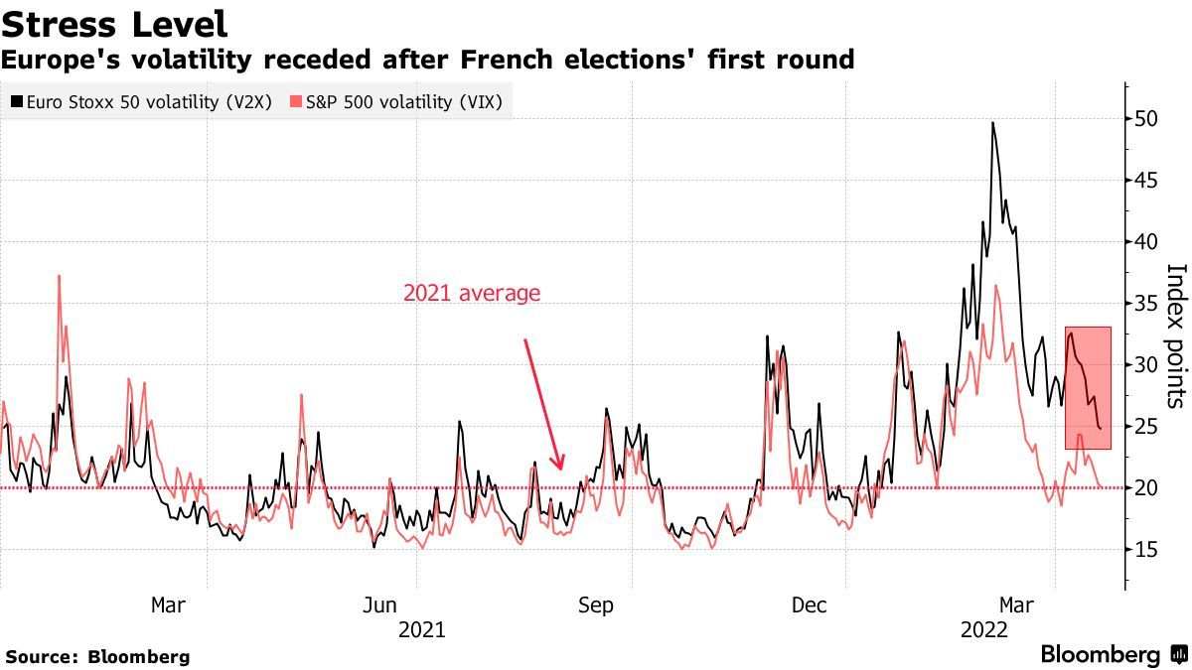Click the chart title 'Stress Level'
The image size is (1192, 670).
tap(114, 24)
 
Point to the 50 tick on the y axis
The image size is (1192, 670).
tap(1146, 118)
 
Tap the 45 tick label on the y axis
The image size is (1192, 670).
tap(1146, 180)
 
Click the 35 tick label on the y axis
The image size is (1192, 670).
tap(1146, 303)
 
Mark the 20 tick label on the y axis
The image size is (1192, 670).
tap(1146, 487)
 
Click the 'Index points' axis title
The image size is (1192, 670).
tap(1175, 335)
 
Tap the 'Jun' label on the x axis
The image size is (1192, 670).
tap(380, 605)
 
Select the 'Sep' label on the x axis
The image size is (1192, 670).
tap(596, 605)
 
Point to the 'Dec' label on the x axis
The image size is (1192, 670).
tap(811, 605)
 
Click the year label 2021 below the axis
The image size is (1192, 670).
tap(421, 629)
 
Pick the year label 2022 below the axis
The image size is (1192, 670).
tap(985, 629)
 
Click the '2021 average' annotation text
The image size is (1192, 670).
tap(472, 293)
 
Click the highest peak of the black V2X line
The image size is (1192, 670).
tap(992, 123)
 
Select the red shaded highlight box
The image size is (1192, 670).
tap(1088, 387)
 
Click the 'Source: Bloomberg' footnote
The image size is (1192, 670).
tap(97, 656)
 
